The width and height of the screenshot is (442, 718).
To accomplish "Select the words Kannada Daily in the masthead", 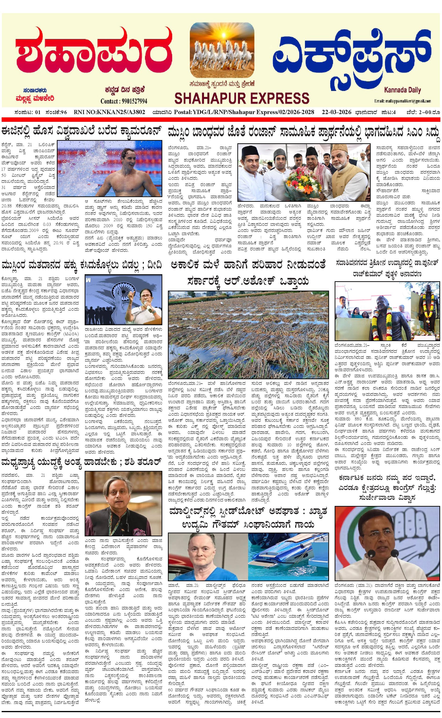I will coord(402,90).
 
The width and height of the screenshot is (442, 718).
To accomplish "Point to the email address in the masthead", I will coord(402,101).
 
